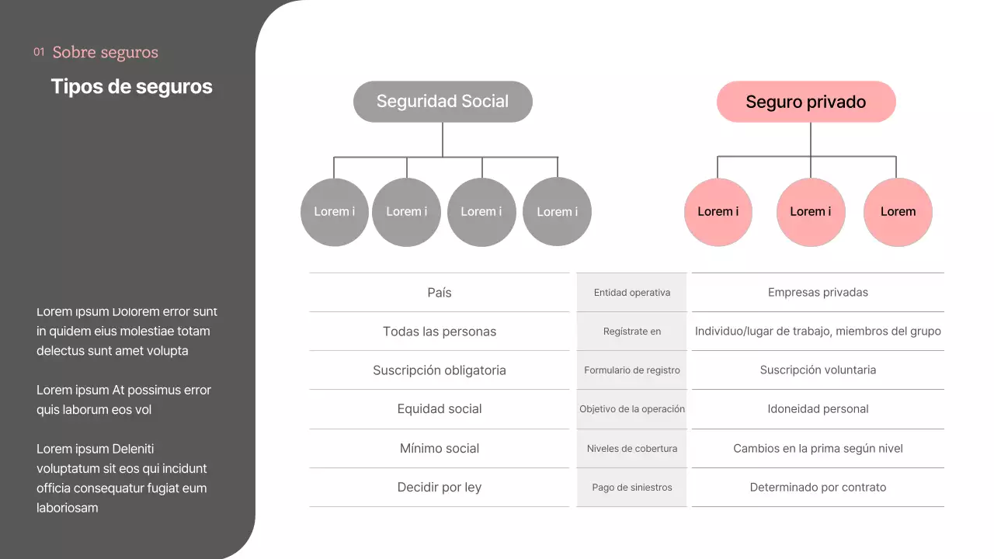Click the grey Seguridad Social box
(x=443, y=102)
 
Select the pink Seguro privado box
(x=806, y=102)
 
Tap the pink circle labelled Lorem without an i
(x=898, y=212)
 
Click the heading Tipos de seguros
(x=131, y=86)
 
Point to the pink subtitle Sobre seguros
(x=105, y=53)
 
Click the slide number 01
(x=39, y=53)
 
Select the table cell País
(x=439, y=293)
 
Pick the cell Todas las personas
(x=439, y=332)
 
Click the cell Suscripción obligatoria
(x=439, y=370)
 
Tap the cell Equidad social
(x=439, y=409)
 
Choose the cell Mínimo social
(x=439, y=449)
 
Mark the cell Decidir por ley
(x=439, y=488)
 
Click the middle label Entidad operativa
(x=631, y=293)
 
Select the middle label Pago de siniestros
(x=631, y=488)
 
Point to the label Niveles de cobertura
(x=631, y=449)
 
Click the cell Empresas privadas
(x=818, y=293)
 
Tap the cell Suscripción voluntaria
(x=818, y=370)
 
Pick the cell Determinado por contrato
(x=818, y=488)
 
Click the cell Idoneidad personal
(x=818, y=409)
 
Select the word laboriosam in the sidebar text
(x=68, y=508)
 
